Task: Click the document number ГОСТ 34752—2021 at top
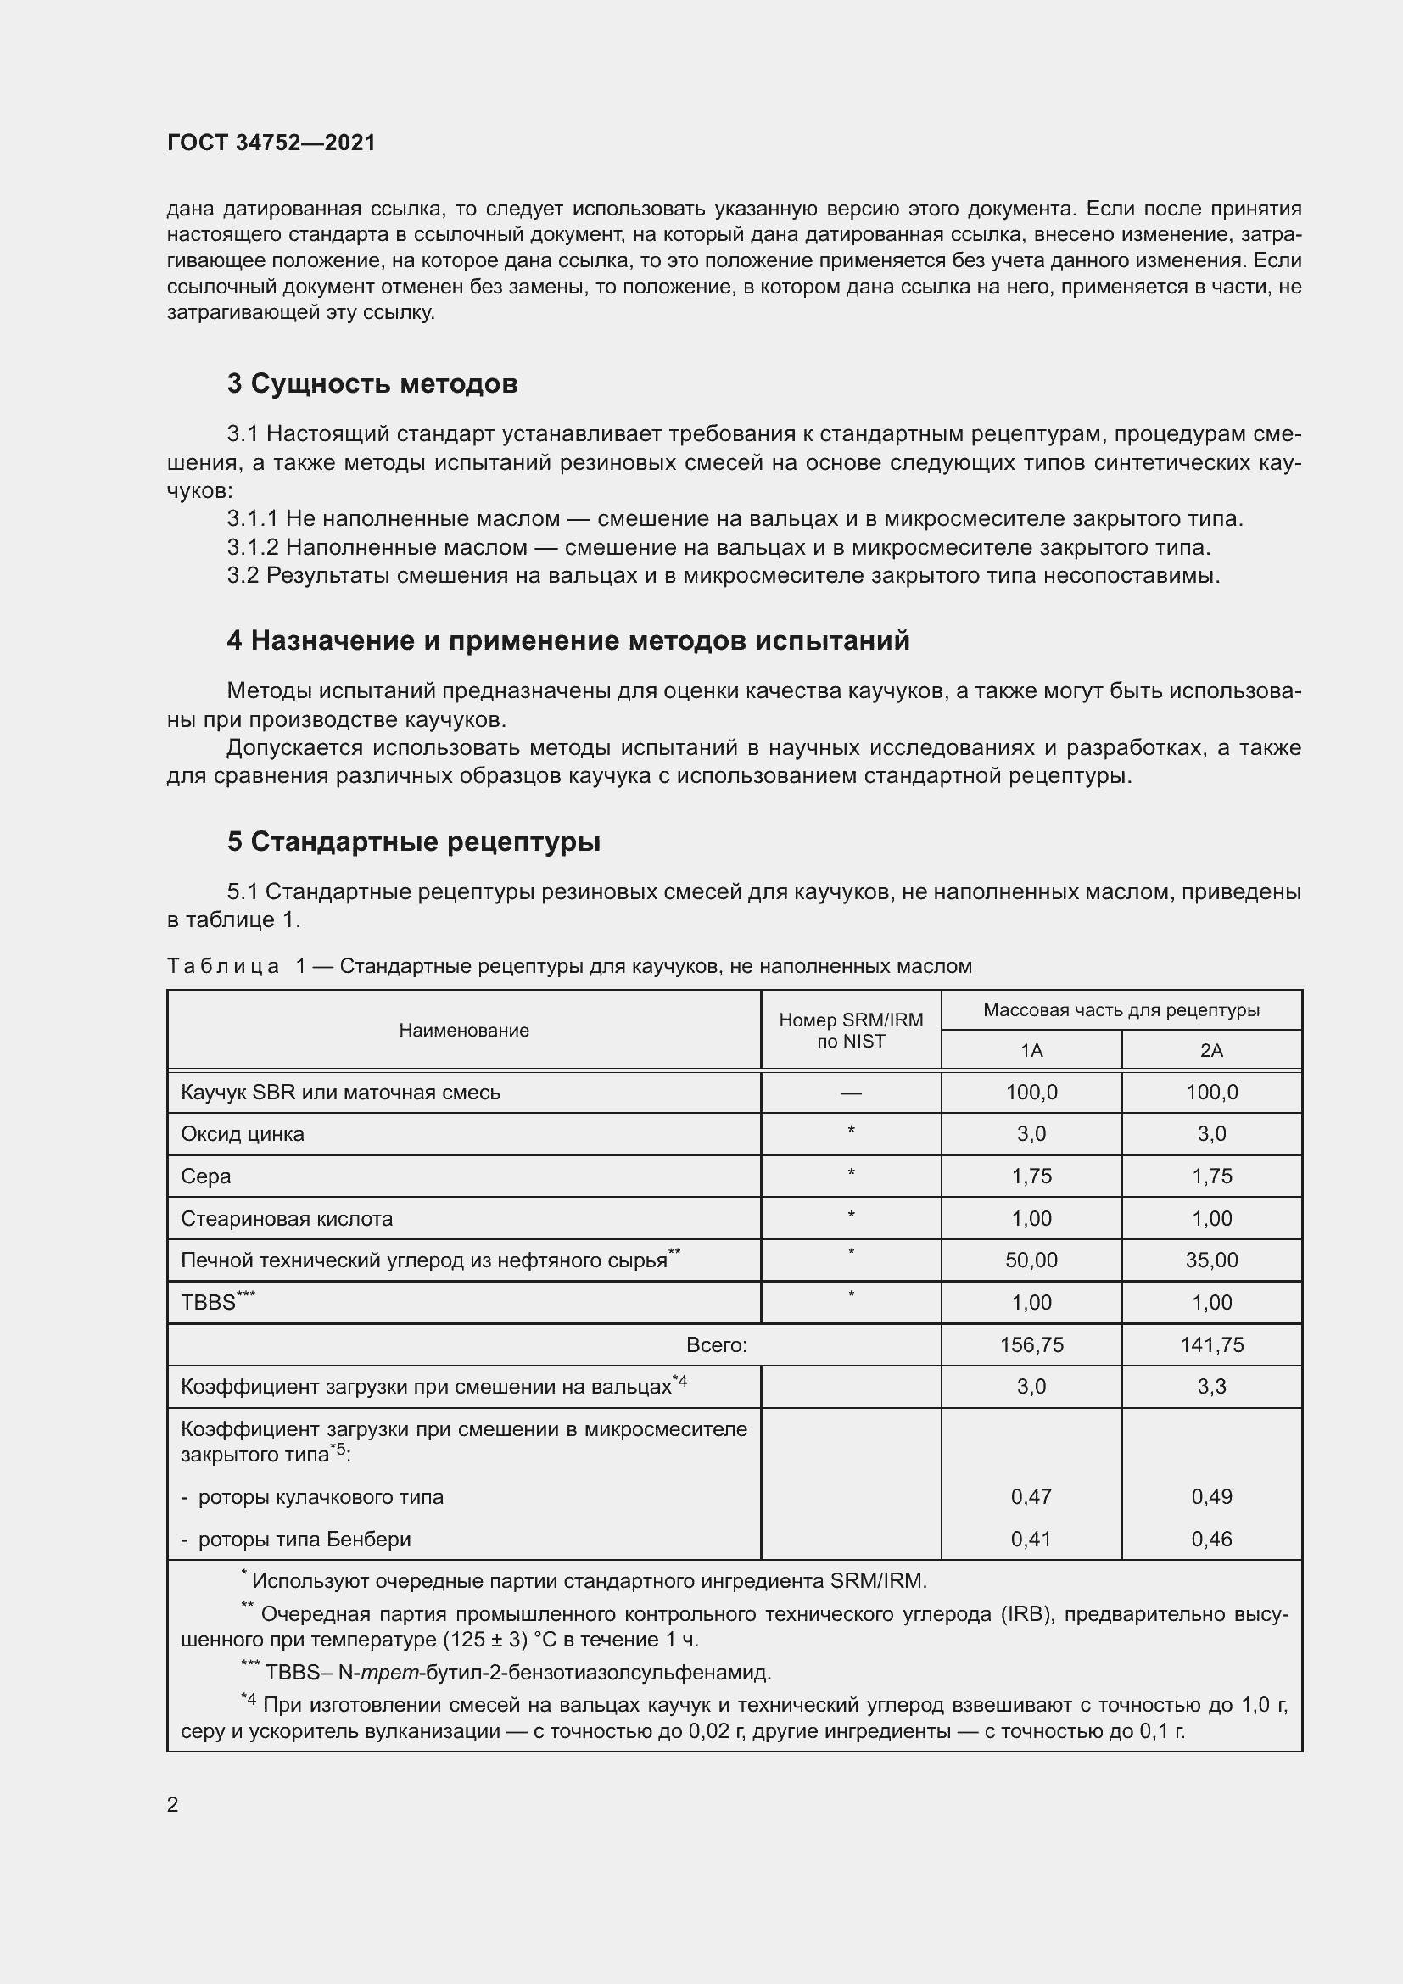click(271, 143)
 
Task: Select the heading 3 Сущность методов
click(372, 383)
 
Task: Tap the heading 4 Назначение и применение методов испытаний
click(568, 640)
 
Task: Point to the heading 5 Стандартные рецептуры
click(414, 841)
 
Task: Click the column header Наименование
click(464, 1030)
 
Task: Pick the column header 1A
click(1031, 1051)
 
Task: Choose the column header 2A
click(1211, 1051)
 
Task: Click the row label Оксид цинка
click(243, 1134)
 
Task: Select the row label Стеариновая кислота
click(287, 1218)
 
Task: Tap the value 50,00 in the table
click(1031, 1260)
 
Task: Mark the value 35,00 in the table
click(1211, 1260)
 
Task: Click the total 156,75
click(1031, 1344)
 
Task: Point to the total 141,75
click(1211, 1344)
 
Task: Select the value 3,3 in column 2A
click(1211, 1386)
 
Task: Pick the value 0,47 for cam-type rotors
click(1031, 1496)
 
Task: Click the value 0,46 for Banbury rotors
click(1211, 1539)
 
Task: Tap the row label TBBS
click(208, 1302)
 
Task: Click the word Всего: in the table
click(716, 1344)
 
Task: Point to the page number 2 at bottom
click(173, 1804)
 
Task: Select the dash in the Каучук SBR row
click(851, 1093)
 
